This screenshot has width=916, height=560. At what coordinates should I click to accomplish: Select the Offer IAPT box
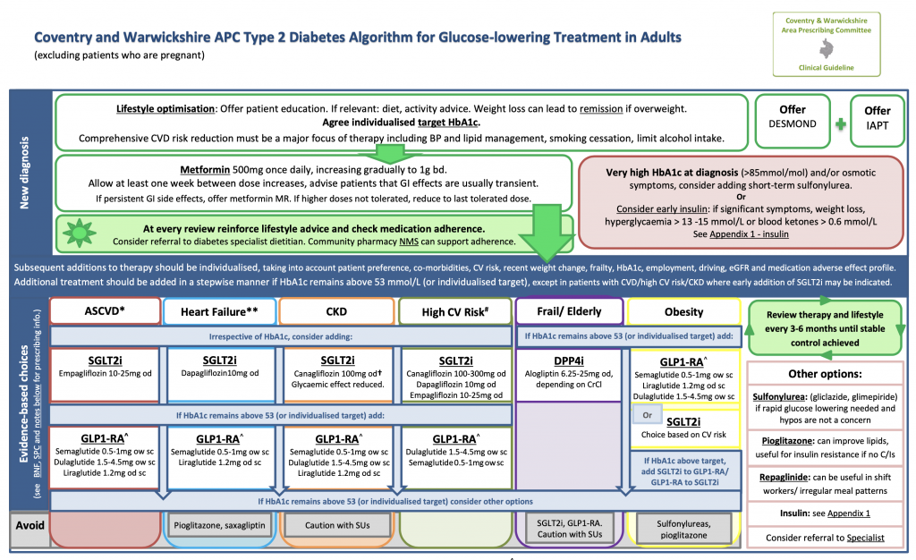pos(877,121)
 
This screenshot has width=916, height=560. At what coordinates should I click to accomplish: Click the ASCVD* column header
pos(105,311)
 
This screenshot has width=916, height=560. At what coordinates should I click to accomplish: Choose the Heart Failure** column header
pos(219,311)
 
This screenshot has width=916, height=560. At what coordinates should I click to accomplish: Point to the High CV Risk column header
pos(453,311)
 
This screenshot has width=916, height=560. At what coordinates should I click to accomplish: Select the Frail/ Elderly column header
pos(570,311)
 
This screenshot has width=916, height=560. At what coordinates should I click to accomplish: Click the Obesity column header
pos(683,311)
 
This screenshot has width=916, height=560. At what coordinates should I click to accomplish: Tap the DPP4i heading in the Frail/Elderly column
pos(569,358)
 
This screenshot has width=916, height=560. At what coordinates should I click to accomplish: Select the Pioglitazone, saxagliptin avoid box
pos(219,525)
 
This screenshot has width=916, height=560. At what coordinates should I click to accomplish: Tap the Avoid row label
pos(27,525)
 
